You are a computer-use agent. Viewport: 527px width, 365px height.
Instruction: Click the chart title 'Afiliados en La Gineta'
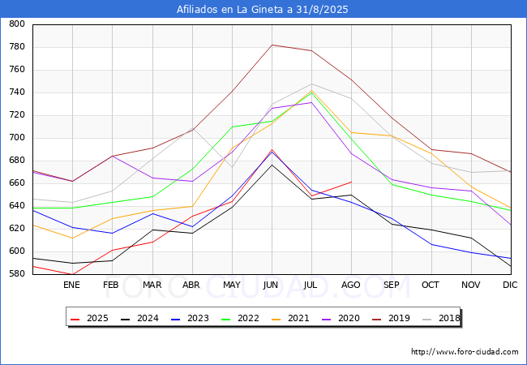[263, 9]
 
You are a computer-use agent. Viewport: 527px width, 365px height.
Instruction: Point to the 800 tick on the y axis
[16, 24]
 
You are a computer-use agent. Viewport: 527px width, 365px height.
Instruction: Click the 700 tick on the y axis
[16, 138]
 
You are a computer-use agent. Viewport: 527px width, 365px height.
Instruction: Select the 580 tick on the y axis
[16, 274]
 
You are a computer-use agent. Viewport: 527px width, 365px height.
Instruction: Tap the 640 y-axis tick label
[16, 206]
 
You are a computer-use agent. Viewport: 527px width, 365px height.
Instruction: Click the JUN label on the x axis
[272, 285]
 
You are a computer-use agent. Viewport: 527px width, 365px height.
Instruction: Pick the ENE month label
[72, 285]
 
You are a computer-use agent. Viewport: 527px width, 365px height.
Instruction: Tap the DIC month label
[510, 285]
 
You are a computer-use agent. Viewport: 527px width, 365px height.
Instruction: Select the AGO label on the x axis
[351, 285]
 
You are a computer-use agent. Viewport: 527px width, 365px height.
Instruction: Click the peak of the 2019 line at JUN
[272, 45]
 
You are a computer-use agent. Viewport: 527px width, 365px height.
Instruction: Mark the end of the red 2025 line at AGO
[351, 182]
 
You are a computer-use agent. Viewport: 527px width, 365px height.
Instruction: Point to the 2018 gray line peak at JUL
[311, 84]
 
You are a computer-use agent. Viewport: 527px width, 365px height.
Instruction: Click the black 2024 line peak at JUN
[272, 165]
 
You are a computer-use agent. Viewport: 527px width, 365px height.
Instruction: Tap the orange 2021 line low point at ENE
[72, 238]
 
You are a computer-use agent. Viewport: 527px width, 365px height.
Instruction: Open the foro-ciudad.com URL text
[465, 352]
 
